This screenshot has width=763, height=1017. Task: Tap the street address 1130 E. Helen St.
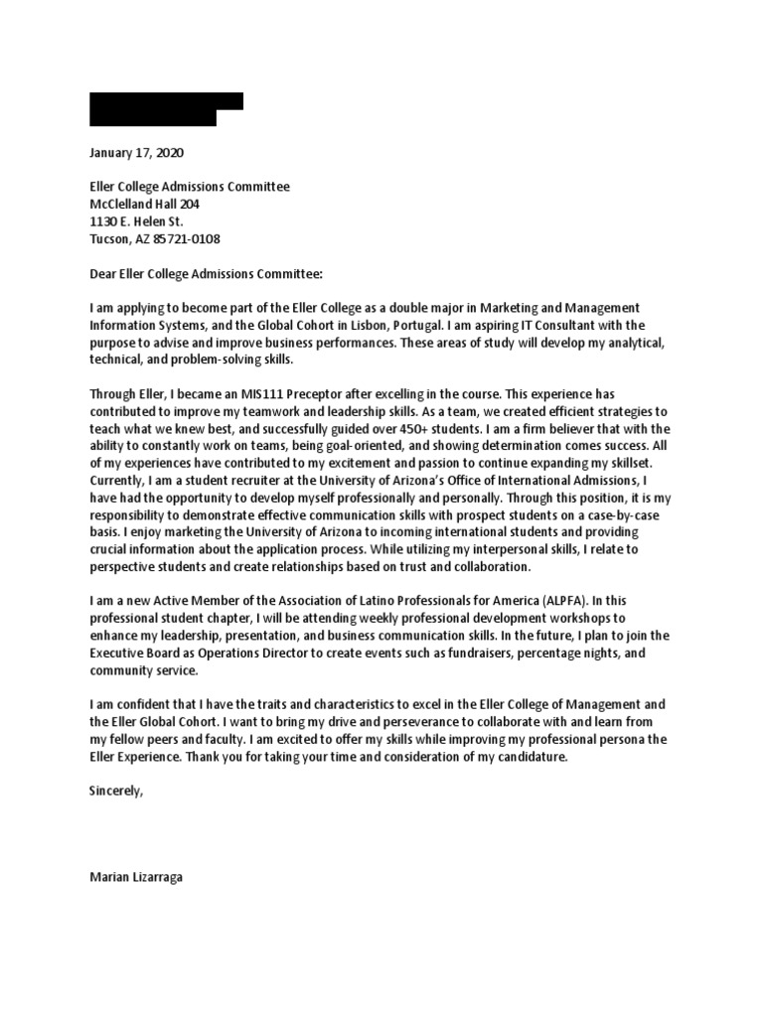[x=136, y=221]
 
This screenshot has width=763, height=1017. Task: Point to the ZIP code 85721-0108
[x=186, y=239]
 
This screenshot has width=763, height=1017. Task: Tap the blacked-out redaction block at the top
[x=165, y=108]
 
